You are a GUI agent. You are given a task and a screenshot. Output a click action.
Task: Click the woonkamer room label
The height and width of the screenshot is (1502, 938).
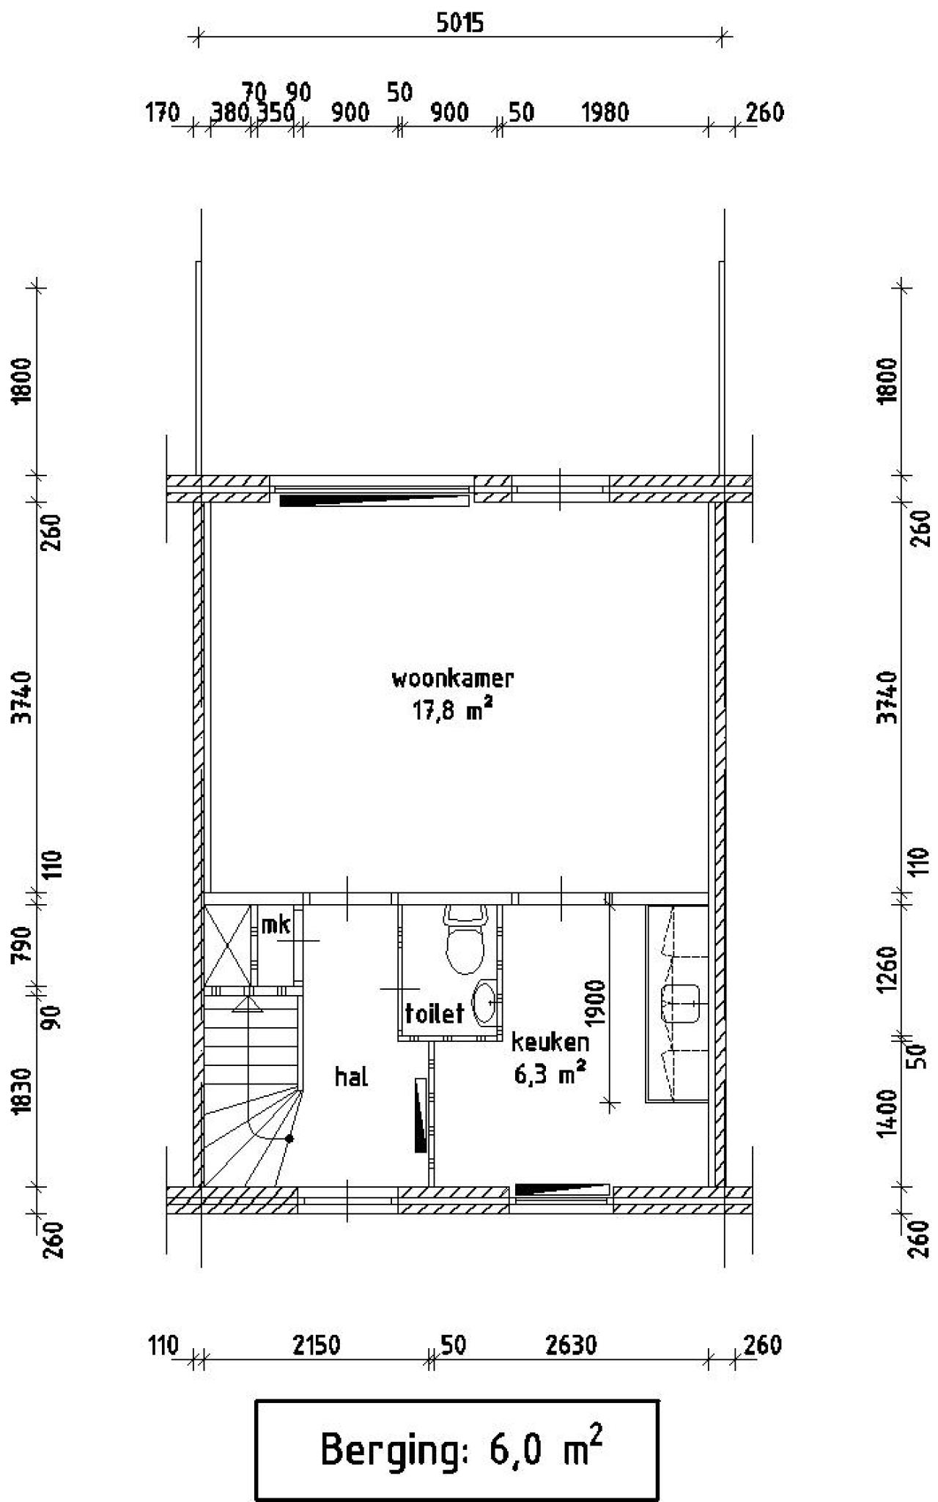(452, 678)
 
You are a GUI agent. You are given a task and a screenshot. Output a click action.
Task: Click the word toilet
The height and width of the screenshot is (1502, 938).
(435, 1013)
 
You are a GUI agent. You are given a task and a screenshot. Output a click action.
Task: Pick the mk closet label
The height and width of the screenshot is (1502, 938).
(276, 925)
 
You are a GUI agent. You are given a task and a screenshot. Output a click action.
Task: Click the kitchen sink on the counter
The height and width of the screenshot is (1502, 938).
(681, 1003)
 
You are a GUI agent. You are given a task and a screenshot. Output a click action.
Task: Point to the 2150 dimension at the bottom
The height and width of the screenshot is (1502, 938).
(315, 1346)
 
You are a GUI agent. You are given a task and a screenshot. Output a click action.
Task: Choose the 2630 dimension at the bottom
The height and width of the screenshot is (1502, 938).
(572, 1346)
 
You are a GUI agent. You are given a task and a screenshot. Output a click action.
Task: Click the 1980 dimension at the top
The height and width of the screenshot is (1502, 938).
(605, 113)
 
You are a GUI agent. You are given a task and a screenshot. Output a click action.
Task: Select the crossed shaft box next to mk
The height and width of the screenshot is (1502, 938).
(227, 946)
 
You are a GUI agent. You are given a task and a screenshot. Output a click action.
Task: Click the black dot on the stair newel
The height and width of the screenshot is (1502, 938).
(290, 1139)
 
